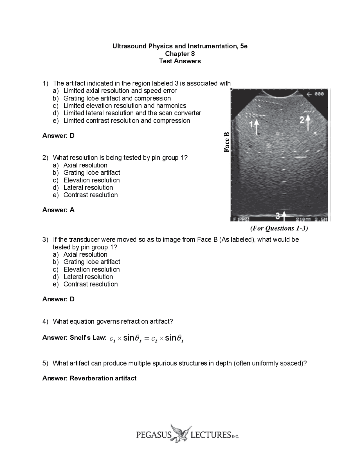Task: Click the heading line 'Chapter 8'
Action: pos(180,54)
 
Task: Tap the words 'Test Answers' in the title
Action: pos(180,61)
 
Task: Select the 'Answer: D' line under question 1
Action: pos(58,136)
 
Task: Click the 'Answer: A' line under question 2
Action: pos(58,210)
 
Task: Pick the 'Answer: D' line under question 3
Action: pos(58,299)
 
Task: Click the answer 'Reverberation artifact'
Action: pos(103,378)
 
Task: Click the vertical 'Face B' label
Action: pos(227,142)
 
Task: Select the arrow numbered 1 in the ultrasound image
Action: pos(256,127)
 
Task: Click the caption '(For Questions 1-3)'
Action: pos(279,228)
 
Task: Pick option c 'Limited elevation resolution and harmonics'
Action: pos(125,106)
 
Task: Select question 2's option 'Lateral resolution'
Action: pos(88,188)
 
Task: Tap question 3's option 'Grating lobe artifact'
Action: pos(92,262)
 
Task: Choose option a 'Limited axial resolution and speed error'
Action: pos(120,91)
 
